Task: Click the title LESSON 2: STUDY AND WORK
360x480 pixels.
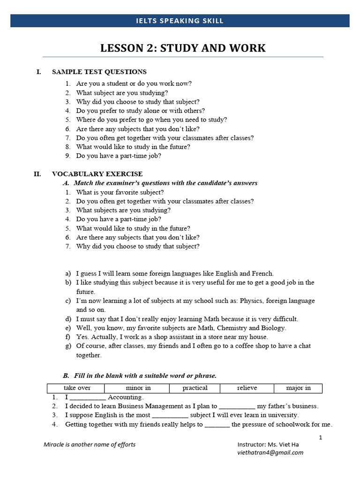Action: pyautogui.click(x=183, y=48)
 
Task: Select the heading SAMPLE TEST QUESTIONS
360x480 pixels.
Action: pyautogui.click(x=99, y=72)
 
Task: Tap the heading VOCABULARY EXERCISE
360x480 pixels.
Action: pyautogui.click(x=97, y=174)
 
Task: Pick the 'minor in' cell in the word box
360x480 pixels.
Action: pyautogui.click(x=138, y=388)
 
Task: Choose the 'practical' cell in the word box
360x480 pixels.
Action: pyautogui.click(x=195, y=388)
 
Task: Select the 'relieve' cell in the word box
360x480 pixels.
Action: pyautogui.click(x=247, y=388)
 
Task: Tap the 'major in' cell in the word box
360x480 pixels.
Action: pyautogui.click(x=299, y=388)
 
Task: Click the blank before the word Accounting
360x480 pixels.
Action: pyautogui.click(x=88, y=398)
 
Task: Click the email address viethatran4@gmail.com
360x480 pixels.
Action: pyautogui.click(x=270, y=452)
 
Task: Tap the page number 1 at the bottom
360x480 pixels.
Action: pyautogui.click(x=321, y=437)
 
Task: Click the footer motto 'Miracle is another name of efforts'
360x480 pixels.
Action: pyautogui.click(x=90, y=444)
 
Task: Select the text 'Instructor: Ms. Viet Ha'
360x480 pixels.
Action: pyautogui.click(x=268, y=444)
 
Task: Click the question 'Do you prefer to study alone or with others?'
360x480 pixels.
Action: pyautogui.click(x=141, y=111)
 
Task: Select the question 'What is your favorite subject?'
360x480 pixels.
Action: pyautogui.click(x=120, y=192)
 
